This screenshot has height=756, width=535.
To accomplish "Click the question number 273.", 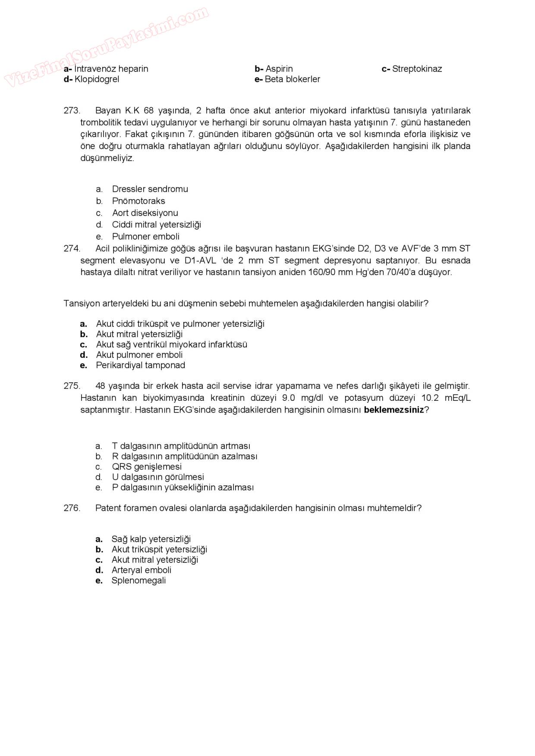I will [72, 110].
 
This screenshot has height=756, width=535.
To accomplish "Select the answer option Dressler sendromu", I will [150, 189].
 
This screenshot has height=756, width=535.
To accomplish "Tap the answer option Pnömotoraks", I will [138, 201].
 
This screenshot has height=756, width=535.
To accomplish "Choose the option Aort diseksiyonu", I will [145, 213].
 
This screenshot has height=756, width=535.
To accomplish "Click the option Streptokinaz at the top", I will [416, 69].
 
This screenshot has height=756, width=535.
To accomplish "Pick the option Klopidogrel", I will [96, 79].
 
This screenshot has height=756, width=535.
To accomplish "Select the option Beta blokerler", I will [292, 79].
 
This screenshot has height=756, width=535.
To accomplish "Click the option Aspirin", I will [279, 69].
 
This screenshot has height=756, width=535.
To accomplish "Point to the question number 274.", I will [72, 249].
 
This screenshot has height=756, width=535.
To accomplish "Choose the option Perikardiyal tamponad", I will [140, 366].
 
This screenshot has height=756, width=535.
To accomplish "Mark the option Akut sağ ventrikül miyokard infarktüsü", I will [171, 345].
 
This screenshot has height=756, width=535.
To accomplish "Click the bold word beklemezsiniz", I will [394, 410].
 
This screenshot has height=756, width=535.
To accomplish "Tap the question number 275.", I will [72, 386].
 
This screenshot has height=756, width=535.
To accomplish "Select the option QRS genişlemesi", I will [147, 467].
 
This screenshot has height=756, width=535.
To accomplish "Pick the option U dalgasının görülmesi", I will [157, 477].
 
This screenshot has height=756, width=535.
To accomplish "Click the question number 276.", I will [72, 508].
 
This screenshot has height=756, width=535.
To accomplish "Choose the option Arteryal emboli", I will [141, 570].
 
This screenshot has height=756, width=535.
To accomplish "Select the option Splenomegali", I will [138, 581].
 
